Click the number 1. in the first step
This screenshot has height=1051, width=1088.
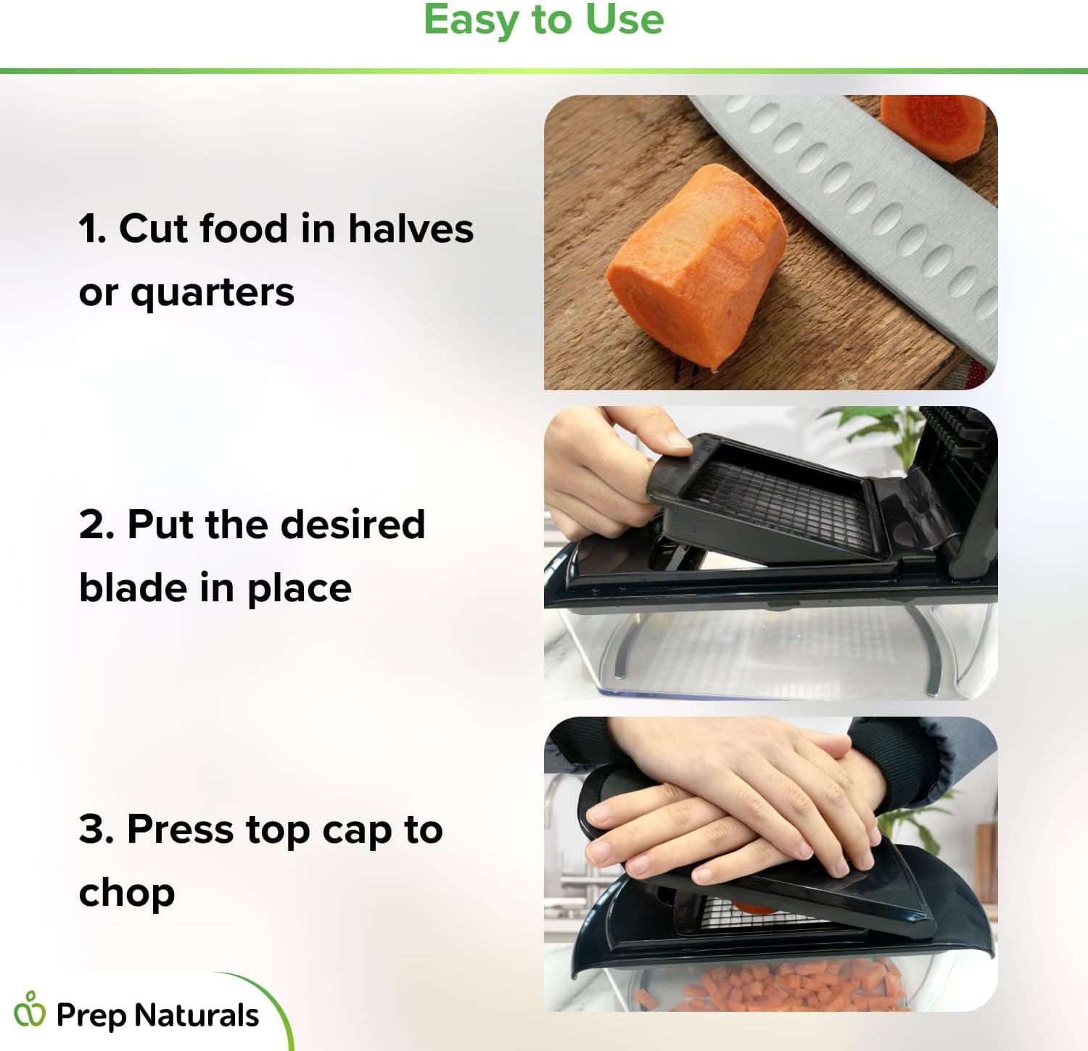coord(93,228)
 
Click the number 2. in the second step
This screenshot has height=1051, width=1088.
coord(96,524)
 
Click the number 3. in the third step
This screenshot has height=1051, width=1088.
coord(96,829)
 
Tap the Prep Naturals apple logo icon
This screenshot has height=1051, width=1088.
coord(30,1009)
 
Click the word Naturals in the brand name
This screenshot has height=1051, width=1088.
coord(198,1015)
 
